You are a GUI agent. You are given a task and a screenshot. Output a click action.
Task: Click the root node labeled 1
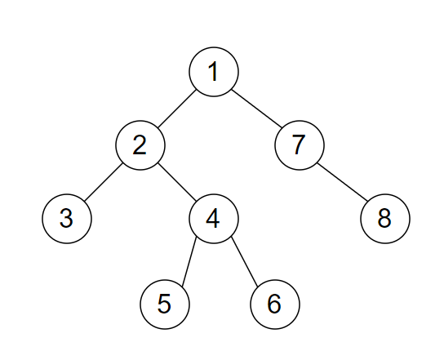(x=214, y=72)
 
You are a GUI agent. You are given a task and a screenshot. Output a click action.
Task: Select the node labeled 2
(x=140, y=145)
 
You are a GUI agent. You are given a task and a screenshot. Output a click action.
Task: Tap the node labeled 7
(x=300, y=145)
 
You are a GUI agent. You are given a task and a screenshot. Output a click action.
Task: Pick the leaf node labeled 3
(x=67, y=219)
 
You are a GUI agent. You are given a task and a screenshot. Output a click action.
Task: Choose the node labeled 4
(x=214, y=219)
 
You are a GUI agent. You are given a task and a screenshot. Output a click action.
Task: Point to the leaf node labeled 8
(x=385, y=219)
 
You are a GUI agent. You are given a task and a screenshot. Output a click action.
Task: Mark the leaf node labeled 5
(x=165, y=304)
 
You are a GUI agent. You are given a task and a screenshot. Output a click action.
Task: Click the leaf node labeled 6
(x=275, y=304)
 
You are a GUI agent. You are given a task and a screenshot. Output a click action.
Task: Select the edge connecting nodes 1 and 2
(x=177, y=109)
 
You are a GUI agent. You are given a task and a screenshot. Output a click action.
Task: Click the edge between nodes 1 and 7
(x=256, y=109)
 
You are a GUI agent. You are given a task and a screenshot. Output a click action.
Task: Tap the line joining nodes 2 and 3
(x=104, y=182)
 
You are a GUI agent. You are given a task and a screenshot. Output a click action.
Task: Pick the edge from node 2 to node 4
(x=177, y=182)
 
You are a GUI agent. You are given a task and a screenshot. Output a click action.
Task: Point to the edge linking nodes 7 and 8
(x=342, y=182)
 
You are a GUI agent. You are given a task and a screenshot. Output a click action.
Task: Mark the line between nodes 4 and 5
(x=189, y=261)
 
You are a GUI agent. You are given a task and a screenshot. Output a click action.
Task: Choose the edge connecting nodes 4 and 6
(x=244, y=261)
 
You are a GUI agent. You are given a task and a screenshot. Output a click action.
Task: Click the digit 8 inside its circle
(x=384, y=219)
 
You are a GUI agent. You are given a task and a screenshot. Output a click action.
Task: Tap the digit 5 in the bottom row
(x=164, y=304)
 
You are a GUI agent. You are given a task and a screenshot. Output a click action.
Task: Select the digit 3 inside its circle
(x=66, y=219)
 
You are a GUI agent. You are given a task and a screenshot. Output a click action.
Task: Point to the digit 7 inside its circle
(x=299, y=145)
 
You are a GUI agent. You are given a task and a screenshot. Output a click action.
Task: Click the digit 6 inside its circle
(x=274, y=304)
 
